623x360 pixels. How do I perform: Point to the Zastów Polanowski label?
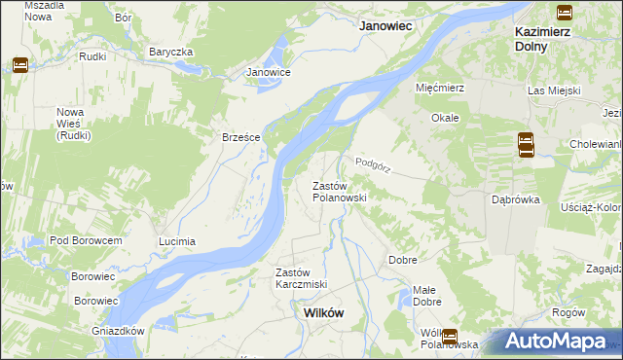pyautogui.click(x=338, y=192)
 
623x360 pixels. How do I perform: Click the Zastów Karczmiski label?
pyautogui.click(x=301, y=278)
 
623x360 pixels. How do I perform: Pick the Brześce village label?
pyautogui.click(x=241, y=138)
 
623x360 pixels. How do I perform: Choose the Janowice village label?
pyautogui.click(x=269, y=72)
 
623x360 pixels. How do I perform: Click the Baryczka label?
pyautogui.click(x=171, y=52)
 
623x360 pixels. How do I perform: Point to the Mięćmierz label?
pyautogui.click(x=440, y=88)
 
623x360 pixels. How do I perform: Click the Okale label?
pyautogui.click(x=445, y=118)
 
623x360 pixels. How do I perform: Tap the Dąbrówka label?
pyautogui.click(x=516, y=199)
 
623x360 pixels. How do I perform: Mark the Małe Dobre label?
pyautogui.click(x=424, y=296)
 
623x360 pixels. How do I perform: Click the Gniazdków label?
pyautogui.click(x=119, y=331)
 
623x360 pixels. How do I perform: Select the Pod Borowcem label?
pyautogui.click(x=86, y=240)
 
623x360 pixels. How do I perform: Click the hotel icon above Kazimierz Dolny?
pyautogui.click(x=564, y=12)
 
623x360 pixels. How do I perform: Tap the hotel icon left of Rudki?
pyautogui.click(x=19, y=65)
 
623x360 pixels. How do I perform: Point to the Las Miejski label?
pyautogui.click(x=554, y=90)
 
